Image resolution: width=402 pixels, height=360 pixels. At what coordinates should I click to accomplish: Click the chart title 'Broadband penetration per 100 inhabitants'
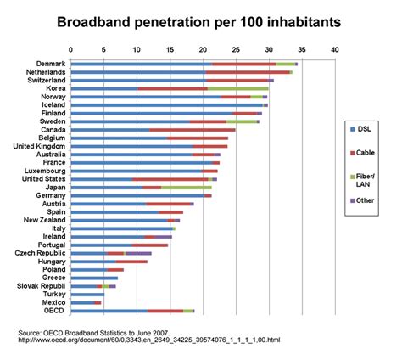(201, 19)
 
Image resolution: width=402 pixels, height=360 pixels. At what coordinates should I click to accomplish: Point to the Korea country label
(56, 88)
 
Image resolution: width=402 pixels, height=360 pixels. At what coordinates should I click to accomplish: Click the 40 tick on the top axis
(336, 50)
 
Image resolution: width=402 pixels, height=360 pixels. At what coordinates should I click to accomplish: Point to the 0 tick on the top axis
(70, 50)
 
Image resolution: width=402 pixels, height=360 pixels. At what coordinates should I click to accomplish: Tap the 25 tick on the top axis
(237, 50)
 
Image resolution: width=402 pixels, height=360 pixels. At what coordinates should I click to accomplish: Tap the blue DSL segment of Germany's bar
(136, 195)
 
